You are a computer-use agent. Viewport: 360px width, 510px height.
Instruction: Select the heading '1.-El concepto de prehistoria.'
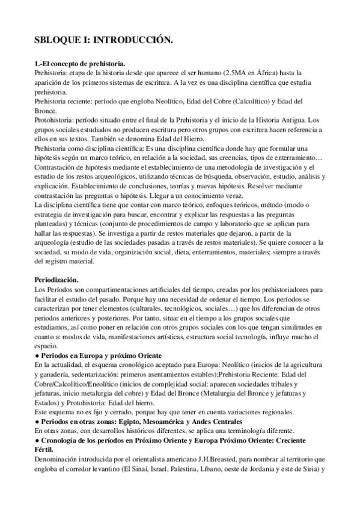pos(79,63)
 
